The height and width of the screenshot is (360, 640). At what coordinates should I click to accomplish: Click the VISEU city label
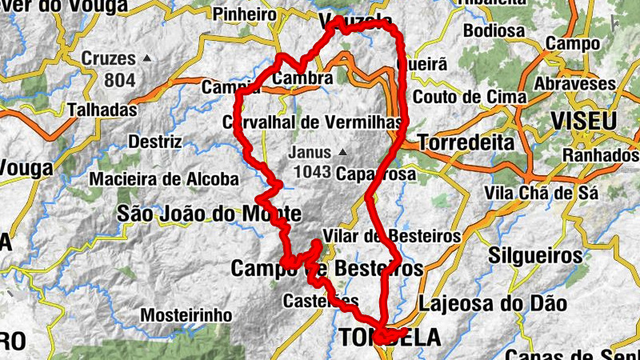pos(584,122)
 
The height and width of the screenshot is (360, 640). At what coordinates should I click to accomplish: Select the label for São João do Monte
pos(209,214)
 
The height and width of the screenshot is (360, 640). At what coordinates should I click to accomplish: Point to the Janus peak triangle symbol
pos(342,151)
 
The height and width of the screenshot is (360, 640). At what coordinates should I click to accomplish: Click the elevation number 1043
pos(313,170)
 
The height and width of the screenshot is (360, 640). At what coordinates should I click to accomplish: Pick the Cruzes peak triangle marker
pos(146,58)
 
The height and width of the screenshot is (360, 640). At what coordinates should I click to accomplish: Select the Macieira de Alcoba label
pos(163,179)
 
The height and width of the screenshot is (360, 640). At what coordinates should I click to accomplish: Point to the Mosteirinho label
pos(186,315)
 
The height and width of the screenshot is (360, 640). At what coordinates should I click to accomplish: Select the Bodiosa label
pos(493,32)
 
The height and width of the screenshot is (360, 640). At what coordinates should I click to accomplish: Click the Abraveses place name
pos(576,84)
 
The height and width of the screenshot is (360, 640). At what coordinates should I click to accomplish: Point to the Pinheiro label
pos(244,14)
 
